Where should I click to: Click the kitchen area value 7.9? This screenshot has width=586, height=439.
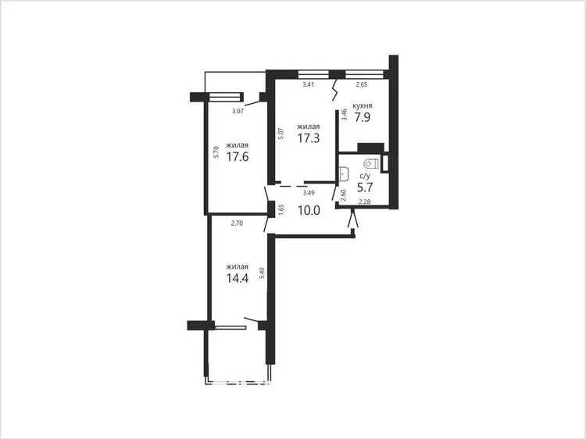[362, 117]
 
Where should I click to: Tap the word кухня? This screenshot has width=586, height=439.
[362, 105]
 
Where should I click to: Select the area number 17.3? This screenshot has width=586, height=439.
[309, 138]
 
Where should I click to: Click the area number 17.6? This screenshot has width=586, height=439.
[238, 156]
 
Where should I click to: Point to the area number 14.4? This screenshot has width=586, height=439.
[238, 278]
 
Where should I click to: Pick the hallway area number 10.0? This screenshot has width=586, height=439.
[309, 210]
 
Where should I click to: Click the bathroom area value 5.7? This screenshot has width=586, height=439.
[365, 187]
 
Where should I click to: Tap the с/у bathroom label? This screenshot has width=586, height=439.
[365, 176]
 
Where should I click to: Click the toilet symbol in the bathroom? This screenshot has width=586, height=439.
[370, 163]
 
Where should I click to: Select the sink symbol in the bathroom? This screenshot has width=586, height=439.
[344, 173]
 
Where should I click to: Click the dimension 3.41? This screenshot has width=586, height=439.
[309, 84]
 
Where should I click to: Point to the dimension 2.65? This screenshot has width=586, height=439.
[362, 84]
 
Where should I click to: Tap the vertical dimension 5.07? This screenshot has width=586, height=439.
[281, 134]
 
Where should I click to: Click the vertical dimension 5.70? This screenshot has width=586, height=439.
[216, 152]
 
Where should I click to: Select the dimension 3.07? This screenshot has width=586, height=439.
[238, 111]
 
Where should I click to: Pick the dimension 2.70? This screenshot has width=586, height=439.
[237, 223]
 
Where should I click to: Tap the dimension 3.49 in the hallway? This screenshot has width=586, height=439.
[309, 193]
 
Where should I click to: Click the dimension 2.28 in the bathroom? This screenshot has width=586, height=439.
[365, 202]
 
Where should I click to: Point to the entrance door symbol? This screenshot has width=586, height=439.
[353, 218]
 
